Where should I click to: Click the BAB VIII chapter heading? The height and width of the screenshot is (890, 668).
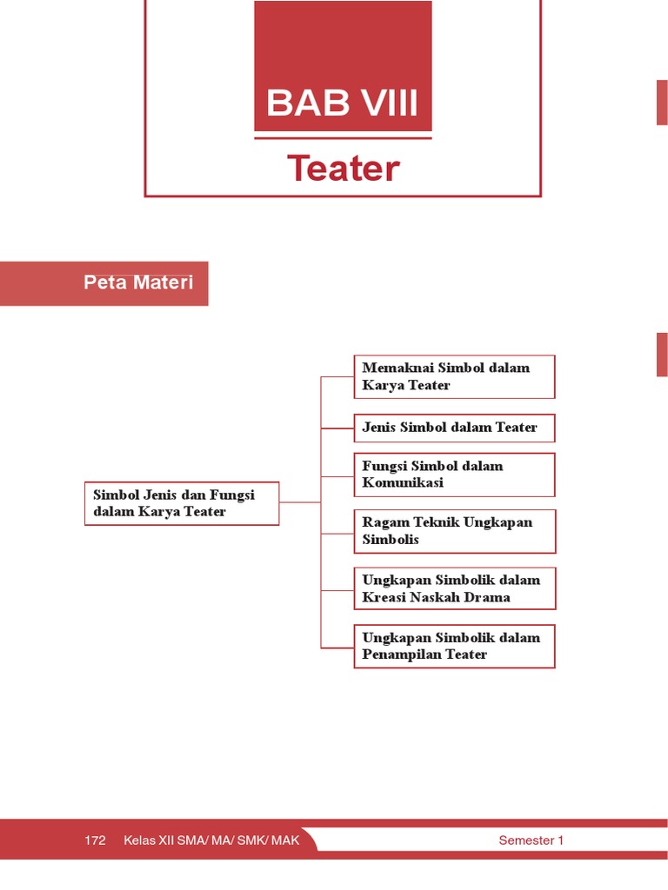pos(343,103)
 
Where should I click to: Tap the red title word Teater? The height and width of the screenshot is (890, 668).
pos(344,169)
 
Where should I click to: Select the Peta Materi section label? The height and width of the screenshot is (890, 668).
pos(138,282)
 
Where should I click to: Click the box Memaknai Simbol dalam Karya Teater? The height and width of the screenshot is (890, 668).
pos(454,376)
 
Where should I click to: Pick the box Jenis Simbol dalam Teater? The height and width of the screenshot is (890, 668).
pos(454,428)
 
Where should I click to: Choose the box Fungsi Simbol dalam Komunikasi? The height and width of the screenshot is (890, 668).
pos(454,475)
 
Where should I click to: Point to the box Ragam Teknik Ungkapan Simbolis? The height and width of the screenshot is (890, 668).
pos(454,531)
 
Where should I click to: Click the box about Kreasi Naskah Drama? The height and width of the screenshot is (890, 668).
pos(454,588)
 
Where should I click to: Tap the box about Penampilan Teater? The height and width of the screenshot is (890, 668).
pos(454,646)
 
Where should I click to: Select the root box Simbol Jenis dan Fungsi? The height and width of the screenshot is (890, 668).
pos(182,503)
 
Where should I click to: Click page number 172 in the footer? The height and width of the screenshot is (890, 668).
pos(96,840)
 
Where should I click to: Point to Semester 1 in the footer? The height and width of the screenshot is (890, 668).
pos(531,840)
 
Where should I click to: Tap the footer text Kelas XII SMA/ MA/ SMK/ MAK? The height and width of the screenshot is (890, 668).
pos(211,840)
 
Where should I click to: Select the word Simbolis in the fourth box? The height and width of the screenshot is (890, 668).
pos(391,540)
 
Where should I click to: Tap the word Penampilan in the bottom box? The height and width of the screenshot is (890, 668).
pos(402,654)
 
